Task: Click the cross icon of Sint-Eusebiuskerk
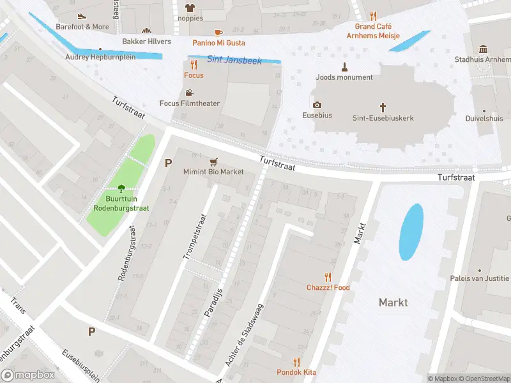[x=383, y=107]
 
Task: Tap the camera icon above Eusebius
[x=317, y=105]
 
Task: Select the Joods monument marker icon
[x=344, y=66]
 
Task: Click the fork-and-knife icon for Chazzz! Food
[x=328, y=276]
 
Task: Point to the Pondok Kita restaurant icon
[x=296, y=361]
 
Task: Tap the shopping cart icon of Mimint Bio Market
[x=213, y=161]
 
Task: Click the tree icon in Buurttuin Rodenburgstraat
[x=121, y=188]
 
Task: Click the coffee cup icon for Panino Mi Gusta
[x=218, y=32]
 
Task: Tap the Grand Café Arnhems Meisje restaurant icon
[x=374, y=16]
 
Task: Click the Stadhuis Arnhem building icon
[x=483, y=49]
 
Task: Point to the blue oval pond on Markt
[x=411, y=232]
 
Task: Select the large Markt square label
[x=393, y=302]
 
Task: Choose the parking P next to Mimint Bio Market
[x=169, y=163]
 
